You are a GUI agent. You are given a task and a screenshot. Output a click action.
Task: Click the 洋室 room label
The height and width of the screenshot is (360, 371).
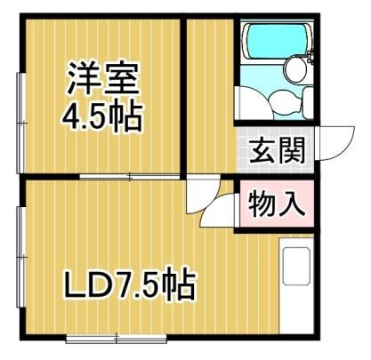103,78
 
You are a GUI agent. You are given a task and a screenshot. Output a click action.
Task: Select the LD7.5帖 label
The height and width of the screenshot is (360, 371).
130,284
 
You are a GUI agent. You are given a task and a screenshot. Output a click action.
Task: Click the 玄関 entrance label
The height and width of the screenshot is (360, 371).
278,150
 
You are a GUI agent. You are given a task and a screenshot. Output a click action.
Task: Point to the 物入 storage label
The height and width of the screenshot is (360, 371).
277,204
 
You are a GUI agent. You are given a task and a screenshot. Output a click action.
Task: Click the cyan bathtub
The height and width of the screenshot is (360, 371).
278,41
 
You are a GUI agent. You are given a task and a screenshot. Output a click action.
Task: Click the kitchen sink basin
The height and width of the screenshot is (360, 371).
296,267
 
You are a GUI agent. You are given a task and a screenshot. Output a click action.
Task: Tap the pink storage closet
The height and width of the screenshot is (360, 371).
277,204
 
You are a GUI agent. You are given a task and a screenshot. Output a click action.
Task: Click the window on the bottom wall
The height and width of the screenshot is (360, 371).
117,339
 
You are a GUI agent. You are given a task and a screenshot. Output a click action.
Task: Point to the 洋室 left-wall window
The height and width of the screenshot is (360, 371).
20,123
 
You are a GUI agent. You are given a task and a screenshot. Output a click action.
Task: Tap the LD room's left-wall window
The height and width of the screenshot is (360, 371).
21,257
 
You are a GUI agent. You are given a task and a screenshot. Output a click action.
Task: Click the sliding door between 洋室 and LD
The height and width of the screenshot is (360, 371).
130,177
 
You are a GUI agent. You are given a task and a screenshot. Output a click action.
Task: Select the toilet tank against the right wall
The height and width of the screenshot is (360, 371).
309,103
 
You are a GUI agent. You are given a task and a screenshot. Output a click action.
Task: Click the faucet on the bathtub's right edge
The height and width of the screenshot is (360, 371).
311,57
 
